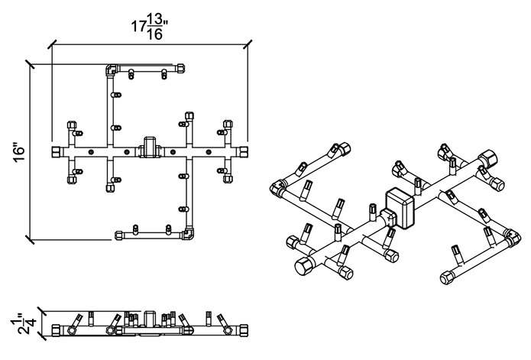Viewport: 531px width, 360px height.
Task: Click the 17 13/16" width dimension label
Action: coord(150,28)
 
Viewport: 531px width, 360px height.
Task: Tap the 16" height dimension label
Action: coord(20,154)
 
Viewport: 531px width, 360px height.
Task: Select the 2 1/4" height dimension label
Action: coord(27,324)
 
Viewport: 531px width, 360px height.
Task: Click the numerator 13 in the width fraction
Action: coord(154,20)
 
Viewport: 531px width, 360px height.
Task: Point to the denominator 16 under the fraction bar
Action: coord(155,34)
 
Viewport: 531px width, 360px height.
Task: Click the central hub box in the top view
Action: coord(150,147)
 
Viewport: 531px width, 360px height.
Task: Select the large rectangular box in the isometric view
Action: coord(400,208)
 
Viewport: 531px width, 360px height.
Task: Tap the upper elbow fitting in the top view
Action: coord(111,70)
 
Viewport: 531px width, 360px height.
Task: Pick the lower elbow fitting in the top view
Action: coord(188,233)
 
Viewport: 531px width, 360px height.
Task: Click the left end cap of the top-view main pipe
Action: coord(57,151)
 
